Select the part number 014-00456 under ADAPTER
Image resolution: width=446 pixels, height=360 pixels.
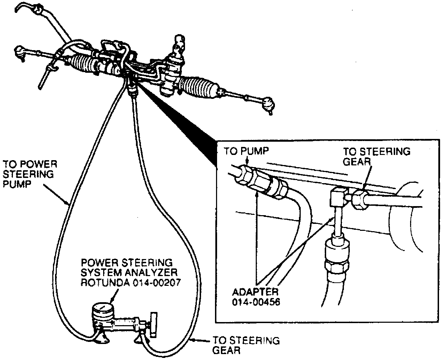click(x=256, y=302)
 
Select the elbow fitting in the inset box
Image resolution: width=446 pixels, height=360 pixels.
click(x=337, y=196)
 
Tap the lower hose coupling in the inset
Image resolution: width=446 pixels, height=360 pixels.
click(x=334, y=258)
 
